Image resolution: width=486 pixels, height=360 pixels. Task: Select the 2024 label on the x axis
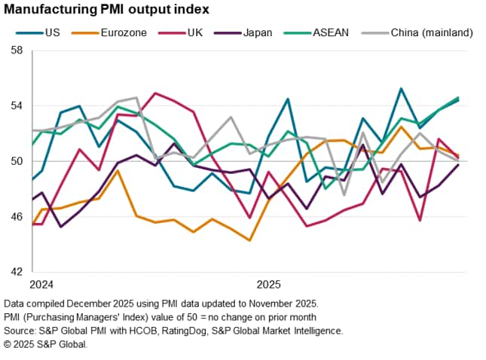pyautogui.click(x=42, y=285)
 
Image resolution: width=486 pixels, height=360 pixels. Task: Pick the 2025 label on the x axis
pyautogui.click(x=269, y=285)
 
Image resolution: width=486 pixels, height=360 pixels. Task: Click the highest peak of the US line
pyautogui.click(x=401, y=88)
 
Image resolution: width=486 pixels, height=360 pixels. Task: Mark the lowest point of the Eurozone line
pyautogui.click(x=249, y=241)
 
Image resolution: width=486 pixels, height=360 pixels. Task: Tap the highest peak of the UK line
pyautogui.click(x=155, y=93)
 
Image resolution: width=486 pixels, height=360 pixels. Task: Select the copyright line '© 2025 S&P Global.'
pyautogui.click(x=46, y=343)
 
